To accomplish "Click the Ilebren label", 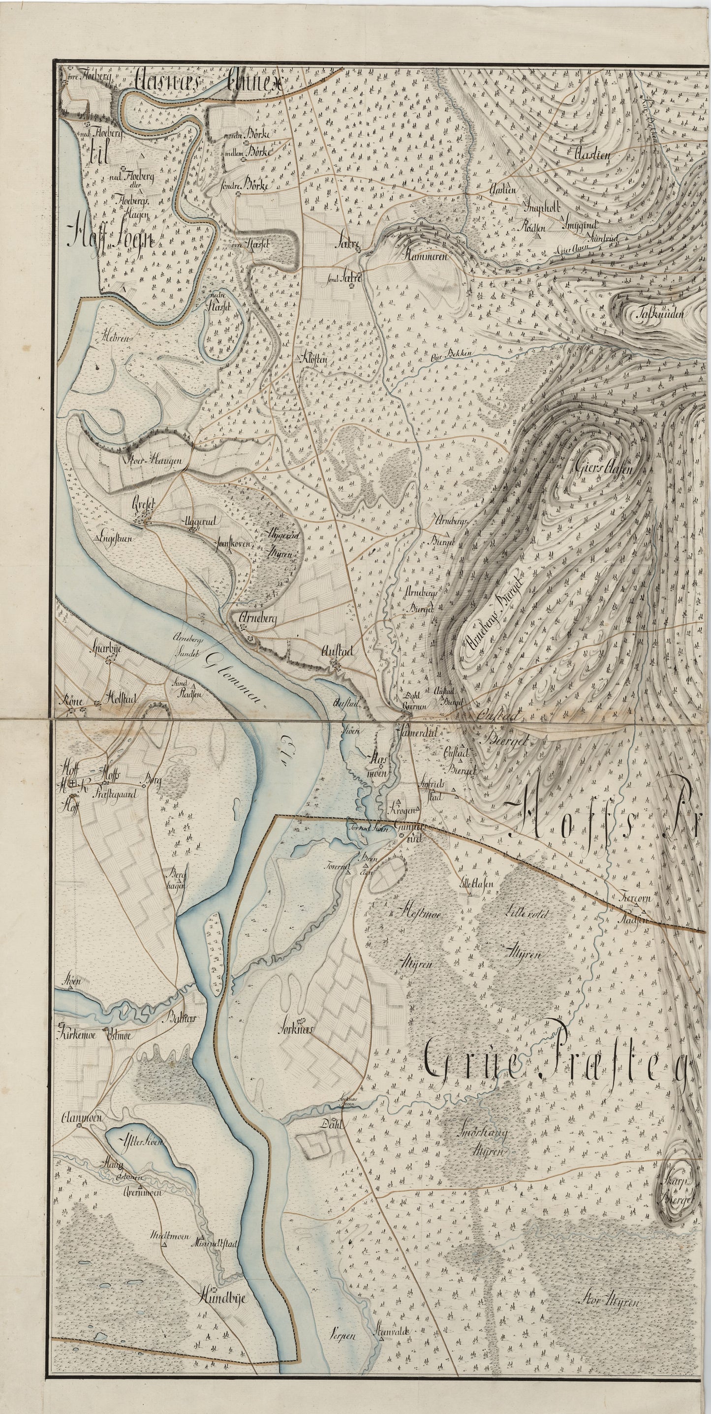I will (x=115, y=339).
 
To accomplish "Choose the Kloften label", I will (x=314, y=359).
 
